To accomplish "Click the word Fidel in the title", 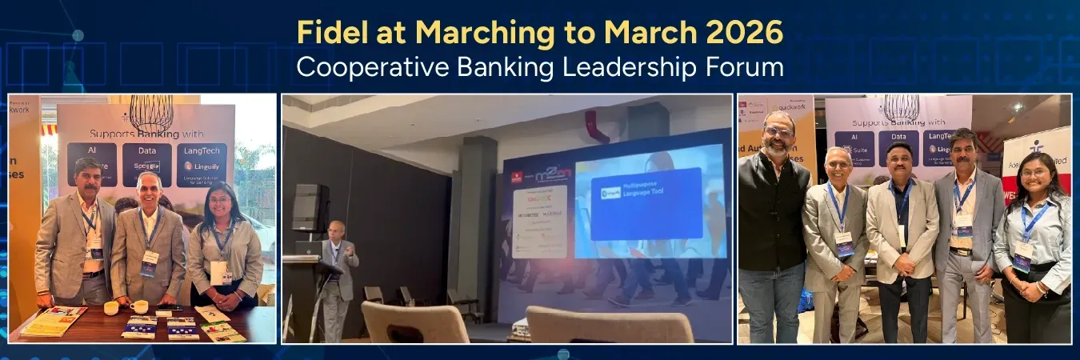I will pyautogui.click(x=326, y=33).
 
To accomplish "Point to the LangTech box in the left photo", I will pyautogui.click(x=201, y=163).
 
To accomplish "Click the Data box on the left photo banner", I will pyautogui.click(x=146, y=163).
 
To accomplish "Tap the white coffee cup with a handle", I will pyautogui.click(x=140, y=306).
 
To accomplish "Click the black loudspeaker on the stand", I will pyautogui.click(x=310, y=207).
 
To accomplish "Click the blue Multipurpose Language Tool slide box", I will pyautogui.click(x=646, y=203).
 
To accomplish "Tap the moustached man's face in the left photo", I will pyautogui.click(x=86, y=177).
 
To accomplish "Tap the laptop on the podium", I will pyautogui.click(x=308, y=249).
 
